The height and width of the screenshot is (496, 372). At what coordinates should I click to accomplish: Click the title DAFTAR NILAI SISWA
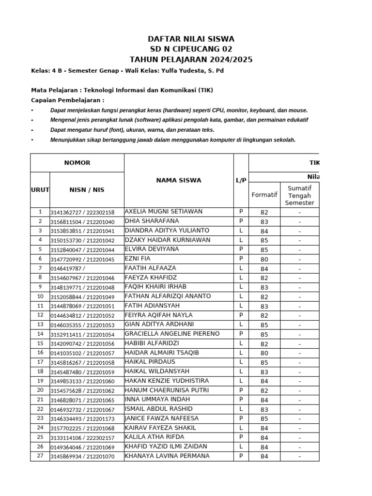[x=191, y=39]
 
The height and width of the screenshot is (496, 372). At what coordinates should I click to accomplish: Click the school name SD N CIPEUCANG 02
[x=191, y=49]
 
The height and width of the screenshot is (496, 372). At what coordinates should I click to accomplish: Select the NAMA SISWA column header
[x=178, y=180]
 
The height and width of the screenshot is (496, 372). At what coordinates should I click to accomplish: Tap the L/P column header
[x=241, y=180]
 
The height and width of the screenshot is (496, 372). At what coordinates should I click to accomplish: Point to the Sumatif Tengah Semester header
[x=299, y=195]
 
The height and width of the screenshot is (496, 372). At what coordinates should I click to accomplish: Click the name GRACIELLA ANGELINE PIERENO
[x=172, y=334]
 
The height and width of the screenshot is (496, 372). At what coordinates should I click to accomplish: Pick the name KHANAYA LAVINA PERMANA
[x=167, y=456]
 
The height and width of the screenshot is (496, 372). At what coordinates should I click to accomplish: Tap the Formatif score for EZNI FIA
[x=264, y=259]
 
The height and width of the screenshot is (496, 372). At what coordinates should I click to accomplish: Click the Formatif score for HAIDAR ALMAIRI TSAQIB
[x=264, y=353]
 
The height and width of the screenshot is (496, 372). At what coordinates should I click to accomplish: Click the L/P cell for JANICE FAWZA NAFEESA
[x=241, y=418]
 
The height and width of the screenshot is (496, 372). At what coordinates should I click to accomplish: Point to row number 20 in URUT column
[x=40, y=390]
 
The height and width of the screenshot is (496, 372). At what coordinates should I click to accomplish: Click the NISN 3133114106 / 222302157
[x=82, y=437]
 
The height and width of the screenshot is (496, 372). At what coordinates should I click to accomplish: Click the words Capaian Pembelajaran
[x=67, y=100]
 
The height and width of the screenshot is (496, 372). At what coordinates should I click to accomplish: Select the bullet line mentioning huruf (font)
[x=132, y=130]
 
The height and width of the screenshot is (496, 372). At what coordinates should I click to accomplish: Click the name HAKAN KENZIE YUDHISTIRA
[x=167, y=381]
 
